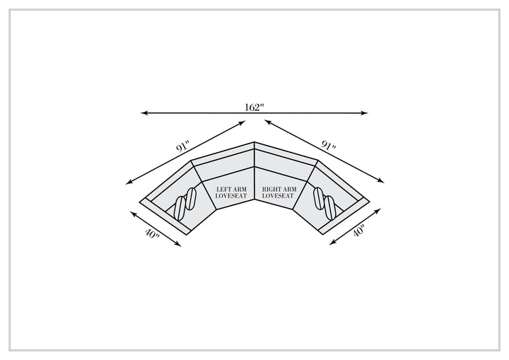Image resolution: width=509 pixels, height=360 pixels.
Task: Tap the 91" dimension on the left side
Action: [182, 147]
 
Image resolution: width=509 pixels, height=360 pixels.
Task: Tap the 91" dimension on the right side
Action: [328, 145]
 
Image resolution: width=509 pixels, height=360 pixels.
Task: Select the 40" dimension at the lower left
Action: [152, 234]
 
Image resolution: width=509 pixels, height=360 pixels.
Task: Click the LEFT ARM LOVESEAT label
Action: [231, 192]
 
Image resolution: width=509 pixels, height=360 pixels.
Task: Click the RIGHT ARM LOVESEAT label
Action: [279, 192]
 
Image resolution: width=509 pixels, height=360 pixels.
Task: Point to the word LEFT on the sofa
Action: [223, 189]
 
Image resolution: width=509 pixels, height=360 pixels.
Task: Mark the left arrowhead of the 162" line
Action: [141, 112]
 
